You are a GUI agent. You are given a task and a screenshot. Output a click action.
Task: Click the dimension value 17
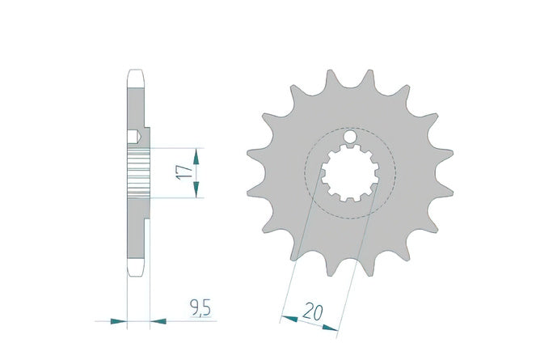point(184,172)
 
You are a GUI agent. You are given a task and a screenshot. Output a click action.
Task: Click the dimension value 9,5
point(200,307)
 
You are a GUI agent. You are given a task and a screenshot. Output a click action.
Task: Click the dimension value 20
point(313,311)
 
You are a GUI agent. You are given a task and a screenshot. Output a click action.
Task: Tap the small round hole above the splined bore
point(349,137)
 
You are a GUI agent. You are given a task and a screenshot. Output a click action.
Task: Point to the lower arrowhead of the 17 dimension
point(196,189)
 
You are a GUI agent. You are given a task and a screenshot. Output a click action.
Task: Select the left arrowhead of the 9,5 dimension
point(119,321)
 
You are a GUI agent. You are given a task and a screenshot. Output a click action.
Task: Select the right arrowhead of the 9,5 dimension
point(158,321)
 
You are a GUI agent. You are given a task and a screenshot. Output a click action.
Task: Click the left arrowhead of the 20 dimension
point(289,318)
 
